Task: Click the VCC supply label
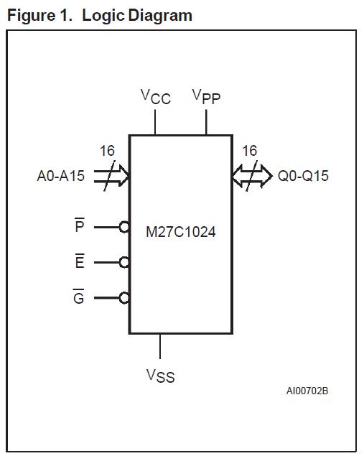click(x=155, y=97)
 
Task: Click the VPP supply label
click(x=206, y=97)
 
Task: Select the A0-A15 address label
click(x=60, y=176)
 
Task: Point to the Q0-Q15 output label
click(x=303, y=176)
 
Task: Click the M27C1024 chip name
click(x=180, y=232)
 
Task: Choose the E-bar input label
click(x=79, y=262)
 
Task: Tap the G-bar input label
click(x=79, y=297)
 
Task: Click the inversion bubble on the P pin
click(x=125, y=227)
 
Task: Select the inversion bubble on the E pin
click(x=125, y=262)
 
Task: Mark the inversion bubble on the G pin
click(x=125, y=297)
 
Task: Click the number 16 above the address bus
click(x=106, y=151)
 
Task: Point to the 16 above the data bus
click(x=249, y=151)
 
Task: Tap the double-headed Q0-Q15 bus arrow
click(x=252, y=176)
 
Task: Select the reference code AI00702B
click(x=307, y=391)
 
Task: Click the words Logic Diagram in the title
click(x=137, y=15)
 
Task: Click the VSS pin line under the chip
click(x=159, y=346)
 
